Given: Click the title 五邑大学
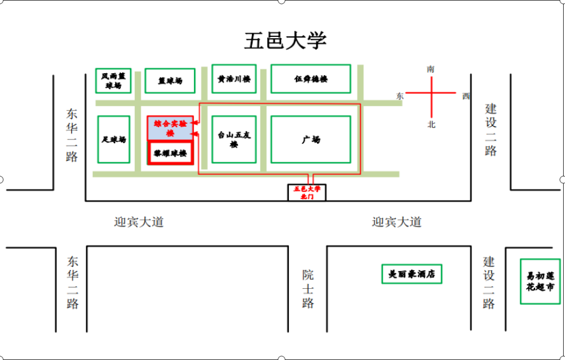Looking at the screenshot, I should [x=286, y=40].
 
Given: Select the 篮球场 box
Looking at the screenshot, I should [x=170, y=81].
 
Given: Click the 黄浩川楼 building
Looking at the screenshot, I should [x=234, y=80].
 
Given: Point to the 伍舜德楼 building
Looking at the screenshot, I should [x=310, y=79].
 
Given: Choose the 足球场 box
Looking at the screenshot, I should [x=113, y=139].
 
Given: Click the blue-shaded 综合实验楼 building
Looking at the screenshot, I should [x=170, y=128].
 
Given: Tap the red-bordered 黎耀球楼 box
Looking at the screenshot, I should [x=170, y=153].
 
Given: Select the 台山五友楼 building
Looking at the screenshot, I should [x=234, y=139].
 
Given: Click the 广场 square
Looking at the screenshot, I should [x=310, y=139].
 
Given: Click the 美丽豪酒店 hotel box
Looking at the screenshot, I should [x=411, y=274].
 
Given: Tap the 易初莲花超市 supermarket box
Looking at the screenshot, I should [x=540, y=281].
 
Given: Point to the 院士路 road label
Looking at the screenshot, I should [x=308, y=288].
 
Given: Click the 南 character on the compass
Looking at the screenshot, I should [x=431, y=69].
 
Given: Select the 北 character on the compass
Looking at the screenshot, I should [x=431, y=125].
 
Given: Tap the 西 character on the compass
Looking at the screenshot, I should [x=466, y=96].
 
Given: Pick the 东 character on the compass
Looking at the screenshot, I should [x=400, y=96].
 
